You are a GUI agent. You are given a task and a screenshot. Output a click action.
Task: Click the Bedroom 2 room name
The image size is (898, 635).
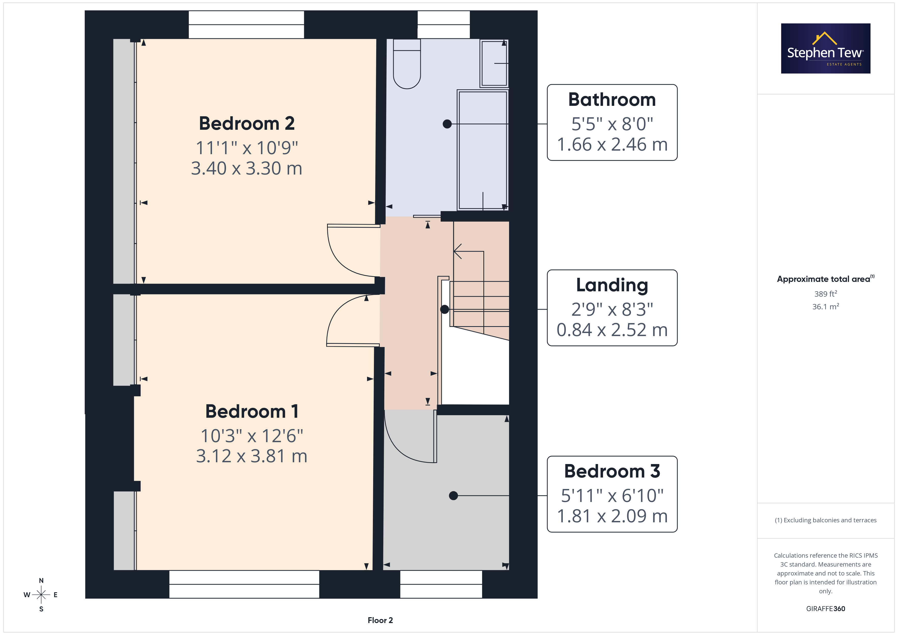247,124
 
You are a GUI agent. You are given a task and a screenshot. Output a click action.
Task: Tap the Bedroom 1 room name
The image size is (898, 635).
252,411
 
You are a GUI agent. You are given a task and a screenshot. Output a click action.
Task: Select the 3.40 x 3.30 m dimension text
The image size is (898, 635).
247,168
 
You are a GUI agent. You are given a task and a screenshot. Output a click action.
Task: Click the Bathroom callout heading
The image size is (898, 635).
612,100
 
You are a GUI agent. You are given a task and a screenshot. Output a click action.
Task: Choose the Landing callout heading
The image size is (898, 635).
612,285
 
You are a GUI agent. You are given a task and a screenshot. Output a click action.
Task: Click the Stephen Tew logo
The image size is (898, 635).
826,49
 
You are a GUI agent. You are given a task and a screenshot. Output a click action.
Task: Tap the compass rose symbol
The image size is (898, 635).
41,595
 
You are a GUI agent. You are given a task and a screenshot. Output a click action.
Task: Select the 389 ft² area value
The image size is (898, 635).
826,294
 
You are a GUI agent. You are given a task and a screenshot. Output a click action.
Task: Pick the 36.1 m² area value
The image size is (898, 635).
826,307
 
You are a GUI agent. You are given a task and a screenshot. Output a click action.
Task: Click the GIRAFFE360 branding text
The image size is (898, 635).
826,609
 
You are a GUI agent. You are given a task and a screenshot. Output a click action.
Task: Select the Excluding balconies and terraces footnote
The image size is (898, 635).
826,520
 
